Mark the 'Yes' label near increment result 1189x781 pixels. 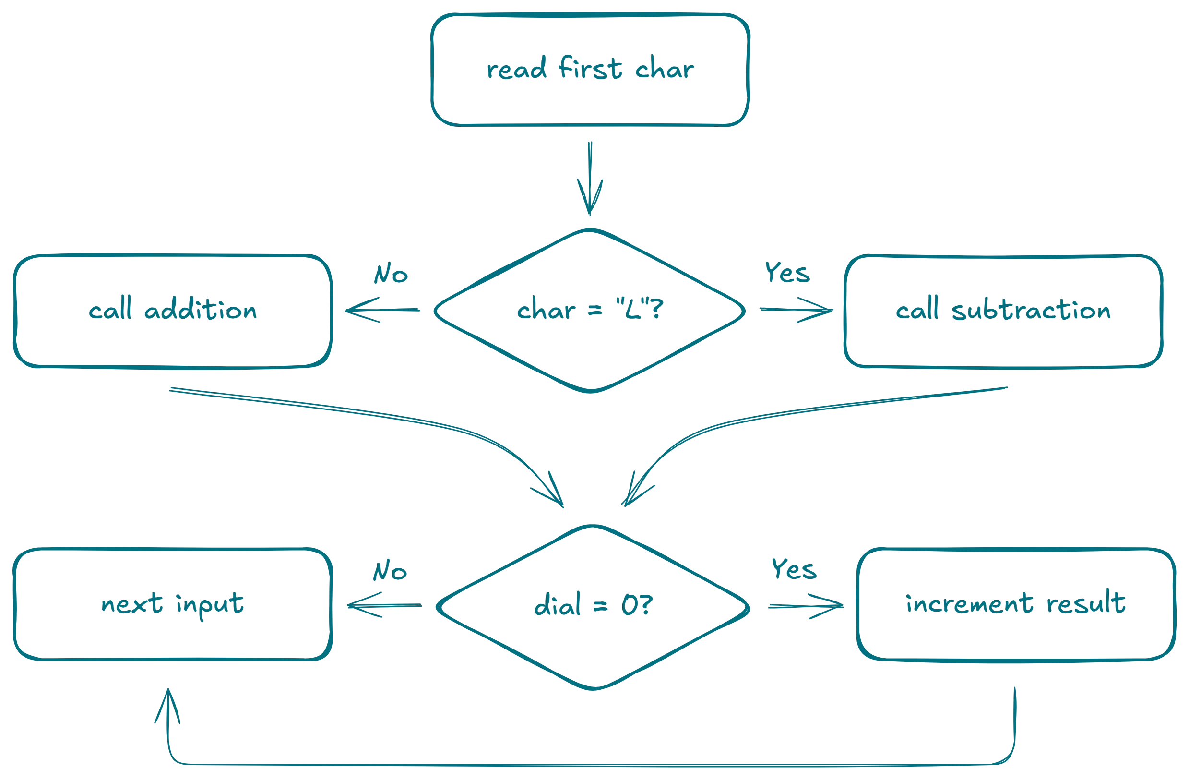(794, 570)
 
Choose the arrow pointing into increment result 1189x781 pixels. (805, 607)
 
